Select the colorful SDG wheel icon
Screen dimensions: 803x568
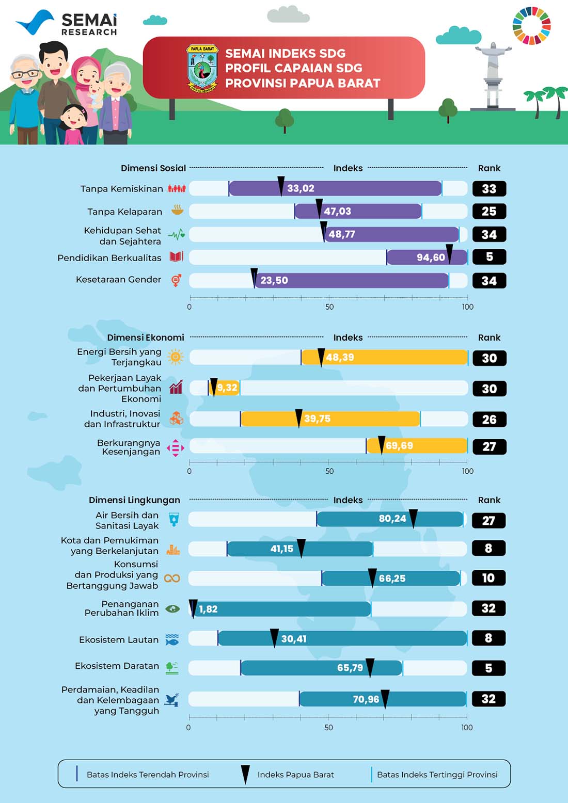(531, 25)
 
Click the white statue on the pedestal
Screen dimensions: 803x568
(493, 75)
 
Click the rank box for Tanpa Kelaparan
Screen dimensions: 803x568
(489, 211)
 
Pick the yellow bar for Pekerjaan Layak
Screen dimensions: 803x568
(225, 388)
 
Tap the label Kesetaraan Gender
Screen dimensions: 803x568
(118, 280)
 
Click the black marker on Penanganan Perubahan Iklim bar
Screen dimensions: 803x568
(193, 608)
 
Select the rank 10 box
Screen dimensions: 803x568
(488, 578)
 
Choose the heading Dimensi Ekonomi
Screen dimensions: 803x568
(146, 338)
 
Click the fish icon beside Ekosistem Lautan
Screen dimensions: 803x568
(172, 640)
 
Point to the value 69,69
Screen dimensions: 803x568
(399, 445)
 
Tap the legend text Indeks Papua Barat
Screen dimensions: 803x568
(295, 775)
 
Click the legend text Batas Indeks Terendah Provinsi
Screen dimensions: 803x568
(148, 775)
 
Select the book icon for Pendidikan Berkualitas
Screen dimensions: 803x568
(176, 256)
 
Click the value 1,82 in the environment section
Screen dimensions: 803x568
(208, 609)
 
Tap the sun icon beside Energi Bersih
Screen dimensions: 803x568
(176, 357)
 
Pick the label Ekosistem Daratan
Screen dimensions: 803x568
(117, 666)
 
